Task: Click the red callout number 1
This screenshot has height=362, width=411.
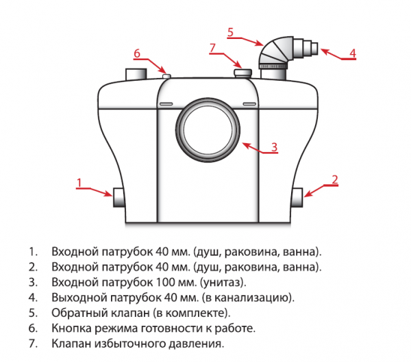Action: coord(79,182)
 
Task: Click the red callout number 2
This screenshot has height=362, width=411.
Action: coord(334,180)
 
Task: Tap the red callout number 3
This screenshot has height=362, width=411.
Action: coord(273,146)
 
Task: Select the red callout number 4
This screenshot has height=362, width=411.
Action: coord(352,52)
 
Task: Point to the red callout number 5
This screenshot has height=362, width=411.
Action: coord(231,31)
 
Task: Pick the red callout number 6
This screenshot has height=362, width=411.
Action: coord(137,53)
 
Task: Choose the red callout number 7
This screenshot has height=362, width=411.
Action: coord(212,47)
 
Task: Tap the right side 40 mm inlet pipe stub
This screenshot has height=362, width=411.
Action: coord(297,198)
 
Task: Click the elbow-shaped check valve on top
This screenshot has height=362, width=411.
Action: coord(277,53)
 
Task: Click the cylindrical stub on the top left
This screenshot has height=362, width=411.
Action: coord(137,73)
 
